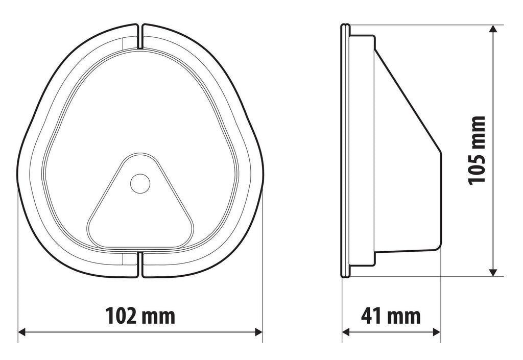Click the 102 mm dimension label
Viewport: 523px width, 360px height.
140,316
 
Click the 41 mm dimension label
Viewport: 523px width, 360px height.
391,316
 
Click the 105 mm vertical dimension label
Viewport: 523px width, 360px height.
477,150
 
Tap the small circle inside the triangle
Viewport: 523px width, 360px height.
140,183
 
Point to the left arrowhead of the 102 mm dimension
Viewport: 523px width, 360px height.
21,332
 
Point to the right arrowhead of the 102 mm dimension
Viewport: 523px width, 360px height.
258,332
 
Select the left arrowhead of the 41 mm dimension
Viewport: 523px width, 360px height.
346,332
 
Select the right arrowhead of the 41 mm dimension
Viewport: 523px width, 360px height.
437,332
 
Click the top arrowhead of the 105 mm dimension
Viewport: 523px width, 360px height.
493,29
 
